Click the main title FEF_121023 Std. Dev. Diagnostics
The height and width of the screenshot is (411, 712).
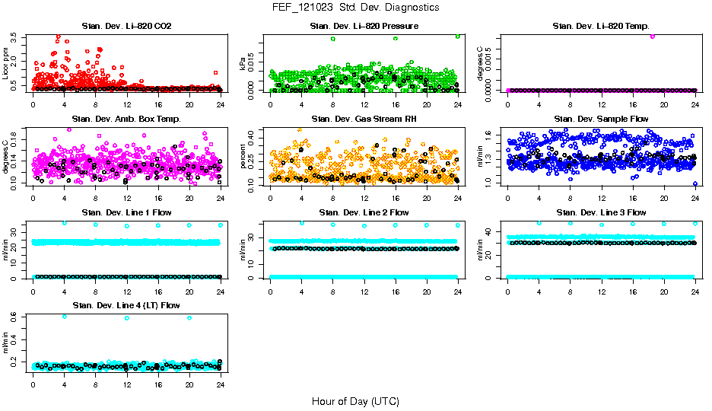pyautogui.click(x=355, y=8)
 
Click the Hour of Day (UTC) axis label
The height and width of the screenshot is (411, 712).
pyautogui.click(x=355, y=401)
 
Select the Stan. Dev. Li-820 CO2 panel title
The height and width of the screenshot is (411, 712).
pyautogui.click(x=126, y=27)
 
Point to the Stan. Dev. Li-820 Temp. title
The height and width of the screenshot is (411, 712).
pyautogui.click(x=601, y=27)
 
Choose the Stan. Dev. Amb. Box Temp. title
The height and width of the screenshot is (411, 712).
pyautogui.click(x=126, y=119)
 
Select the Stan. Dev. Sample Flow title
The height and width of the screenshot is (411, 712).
pyautogui.click(x=601, y=119)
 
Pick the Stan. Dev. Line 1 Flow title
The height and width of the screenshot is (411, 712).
pyautogui.click(x=126, y=212)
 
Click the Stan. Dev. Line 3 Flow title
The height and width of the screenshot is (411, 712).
pyautogui.click(x=601, y=212)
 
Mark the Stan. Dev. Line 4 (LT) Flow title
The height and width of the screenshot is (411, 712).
pyautogui.click(x=126, y=305)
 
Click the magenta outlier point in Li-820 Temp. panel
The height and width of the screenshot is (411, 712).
pyautogui.click(x=653, y=36)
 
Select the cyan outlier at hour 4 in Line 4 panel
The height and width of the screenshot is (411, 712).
pyautogui.click(x=64, y=317)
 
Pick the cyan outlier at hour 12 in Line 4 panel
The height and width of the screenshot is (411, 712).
pyautogui.click(x=126, y=318)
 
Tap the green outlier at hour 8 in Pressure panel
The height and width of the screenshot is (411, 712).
pyautogui.click(x=332, y=38)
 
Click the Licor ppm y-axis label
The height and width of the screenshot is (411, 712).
pyautogui.click(x=6, y=63)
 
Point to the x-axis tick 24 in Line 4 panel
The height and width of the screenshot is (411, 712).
pyautogui.click(x=220, y=384)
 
